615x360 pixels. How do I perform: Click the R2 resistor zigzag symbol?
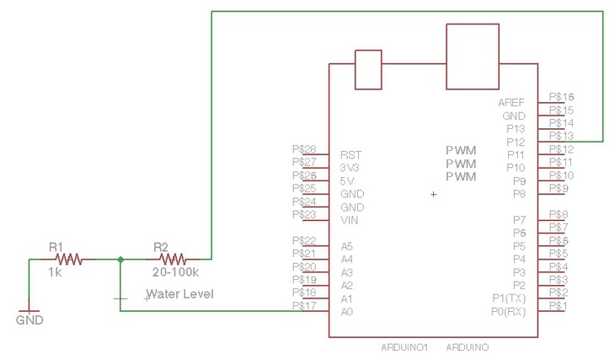click(174, 260)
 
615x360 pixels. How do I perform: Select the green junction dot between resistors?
click(120, 260)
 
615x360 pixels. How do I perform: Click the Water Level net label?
click(180, 294)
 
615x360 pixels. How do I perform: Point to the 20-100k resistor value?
click(175, 273)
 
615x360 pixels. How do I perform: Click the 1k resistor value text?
click(56, 273)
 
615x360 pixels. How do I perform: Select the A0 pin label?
click(346, 312)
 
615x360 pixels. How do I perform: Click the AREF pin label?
click(511, 102)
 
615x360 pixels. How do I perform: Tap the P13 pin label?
click(515, 129)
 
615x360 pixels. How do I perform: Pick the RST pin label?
click(350, 155)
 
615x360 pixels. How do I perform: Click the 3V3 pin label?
click(350, 168)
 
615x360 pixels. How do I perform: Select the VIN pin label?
click(350, 220)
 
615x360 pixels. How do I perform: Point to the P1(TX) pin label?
click(508, 298)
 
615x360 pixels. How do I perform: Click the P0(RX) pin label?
click(508, 312)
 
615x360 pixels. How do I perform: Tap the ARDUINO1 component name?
click(406, 347)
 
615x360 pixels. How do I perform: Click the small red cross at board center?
click(434, 195)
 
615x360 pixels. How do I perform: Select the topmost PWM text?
click(461, 150)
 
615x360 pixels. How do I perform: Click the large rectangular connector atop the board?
click(473, 56)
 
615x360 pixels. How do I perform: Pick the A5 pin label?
click(346, 246)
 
